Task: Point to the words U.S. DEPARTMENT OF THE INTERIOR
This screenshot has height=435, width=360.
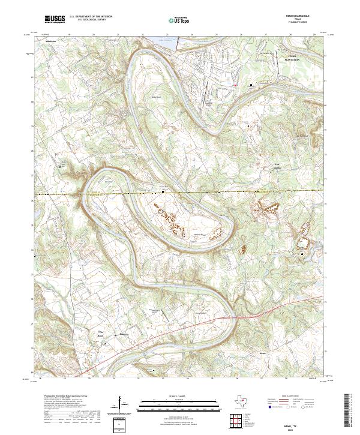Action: coord(91,17)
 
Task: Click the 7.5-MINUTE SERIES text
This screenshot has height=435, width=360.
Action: coord(298,23)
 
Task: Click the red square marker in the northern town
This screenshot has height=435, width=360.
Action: coord(235,86)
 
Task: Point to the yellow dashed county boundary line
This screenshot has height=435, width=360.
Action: coord(120,194)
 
